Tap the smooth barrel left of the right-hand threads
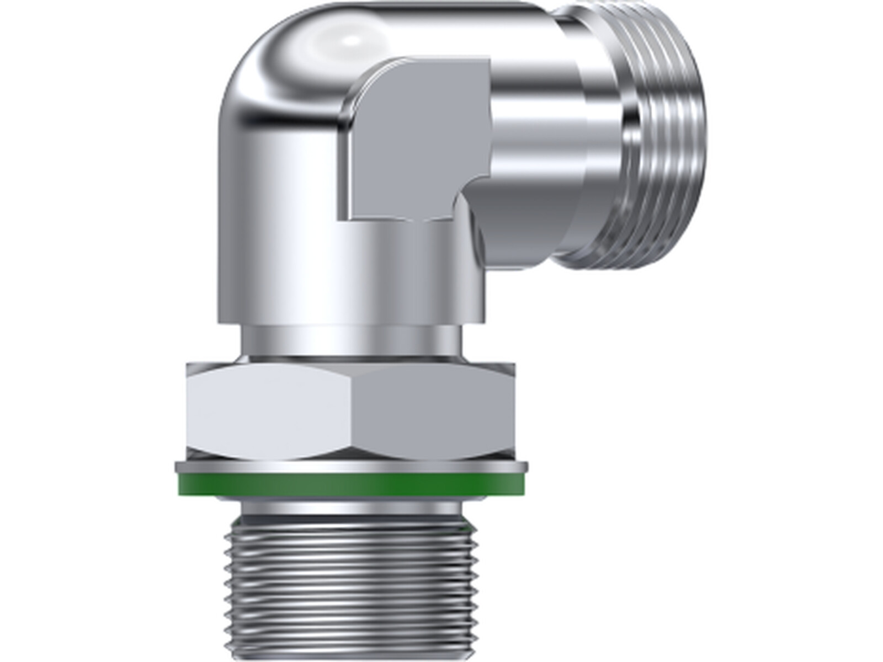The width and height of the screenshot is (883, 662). pos(552,138)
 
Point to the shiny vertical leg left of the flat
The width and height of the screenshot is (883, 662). pos(276,221)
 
